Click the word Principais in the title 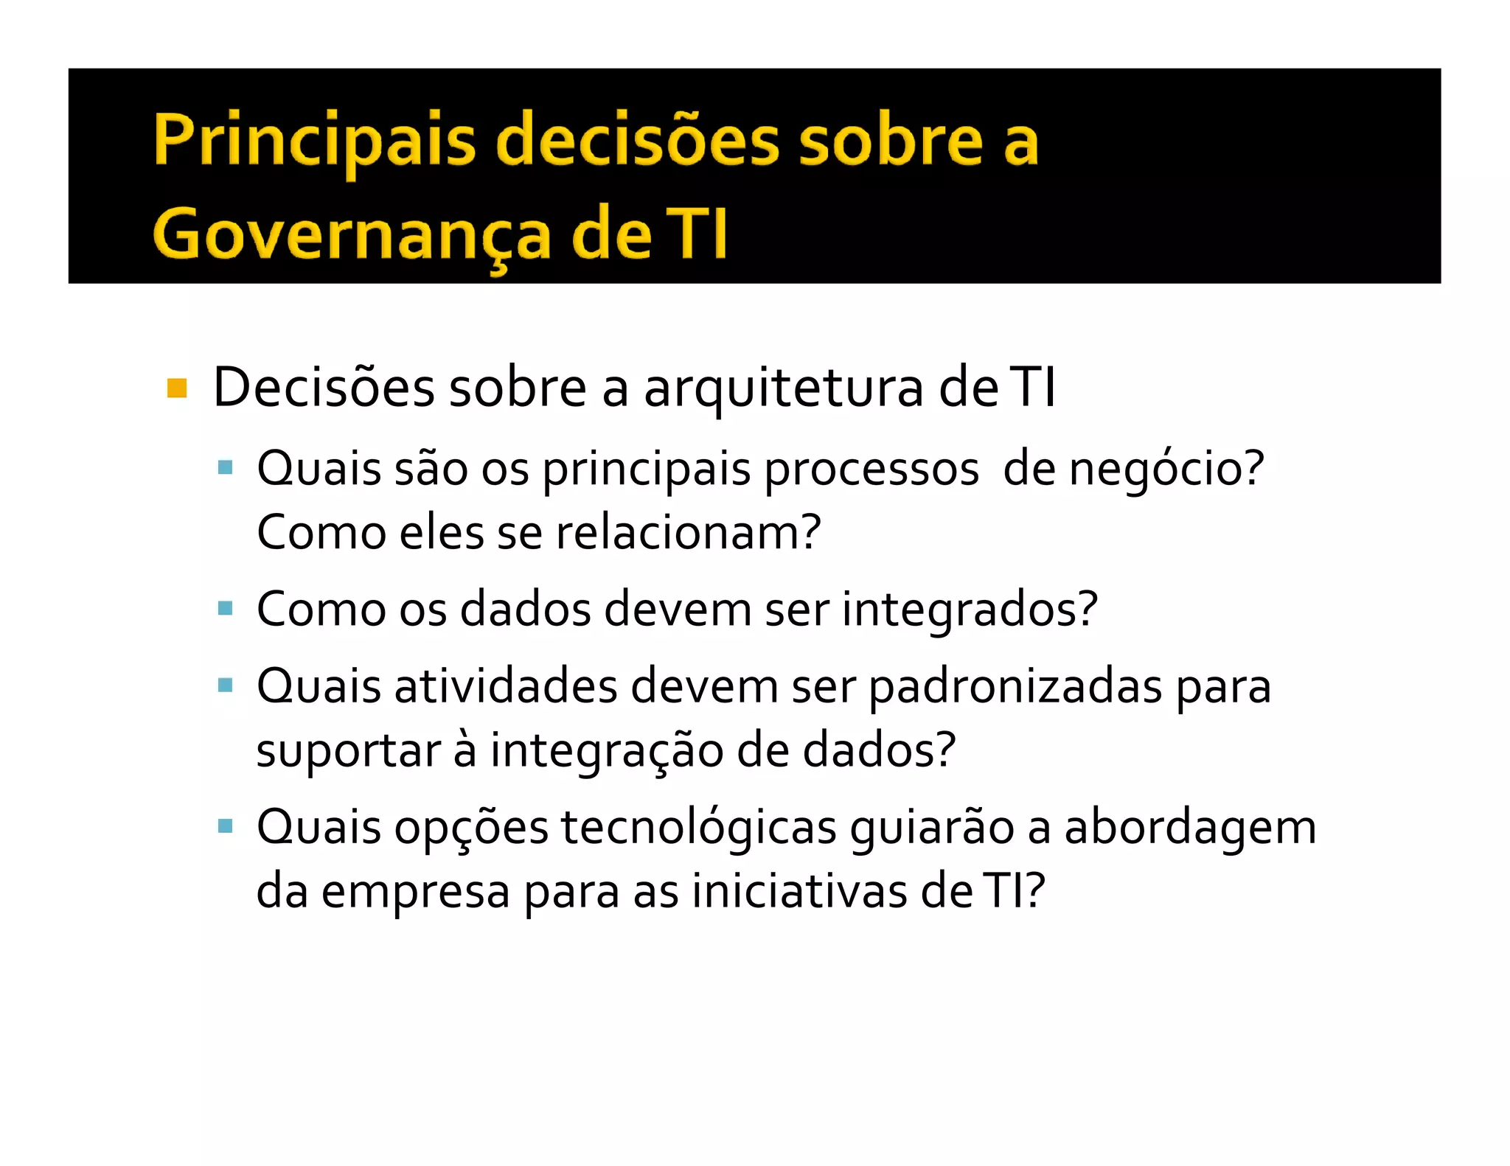pyautogui.click(x=315, y=140)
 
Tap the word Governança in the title pyautogui.click(x=352, y=234)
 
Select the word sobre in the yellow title pyautogui.click(x=891, y=140)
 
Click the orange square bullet pyautogui.click(x=177, y=388)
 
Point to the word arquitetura pyautogui.click(x=784, y=388)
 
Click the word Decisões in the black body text pyautogui.click(x=324, y=388)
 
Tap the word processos pyautogui.click(x=871, y=469)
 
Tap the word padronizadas pyautogui.click(x=1015, y=686)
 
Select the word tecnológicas pyautogui.click(x=698, y=827)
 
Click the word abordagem pyautogui.click(x=1190, y=827)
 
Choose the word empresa pyautogui.click(x=416, y=891)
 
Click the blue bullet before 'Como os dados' pyautogui.click(x=226, y=609)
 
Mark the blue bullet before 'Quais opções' pyautogui.click(x=226, y=825)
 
